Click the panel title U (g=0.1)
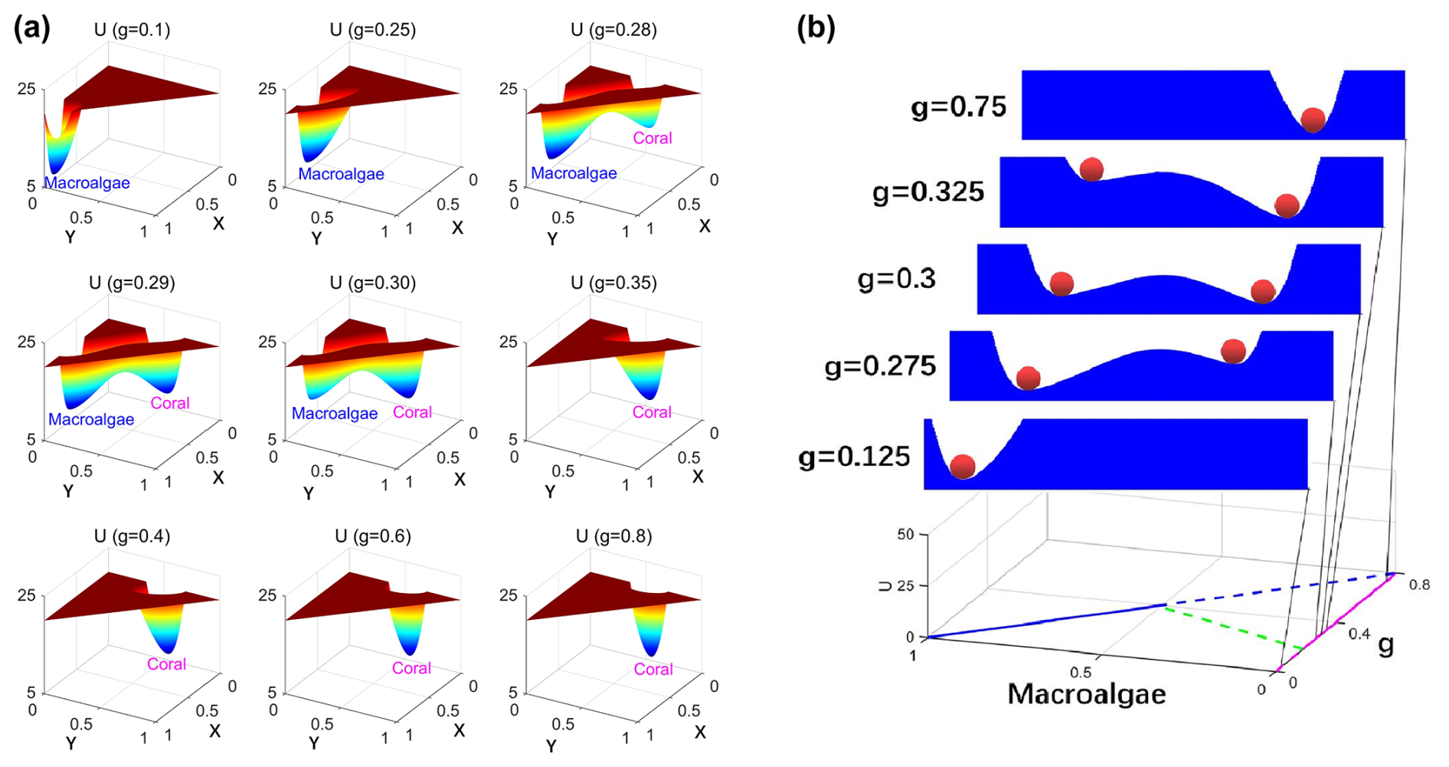132,30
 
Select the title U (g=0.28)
613,30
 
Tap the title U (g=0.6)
373,536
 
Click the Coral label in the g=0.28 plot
653,138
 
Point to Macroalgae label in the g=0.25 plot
341,174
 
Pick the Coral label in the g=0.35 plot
652,412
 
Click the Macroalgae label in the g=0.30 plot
335,414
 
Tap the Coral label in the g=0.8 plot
653,669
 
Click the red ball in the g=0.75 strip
1313,120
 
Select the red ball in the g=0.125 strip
963,466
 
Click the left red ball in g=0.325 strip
1091,169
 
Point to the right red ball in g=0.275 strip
1233,351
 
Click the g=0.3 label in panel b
897,279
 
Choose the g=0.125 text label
854,457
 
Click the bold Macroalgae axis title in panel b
1086,694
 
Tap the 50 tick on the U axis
906,534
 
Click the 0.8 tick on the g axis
1419,585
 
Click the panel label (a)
32,28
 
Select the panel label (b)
816,28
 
